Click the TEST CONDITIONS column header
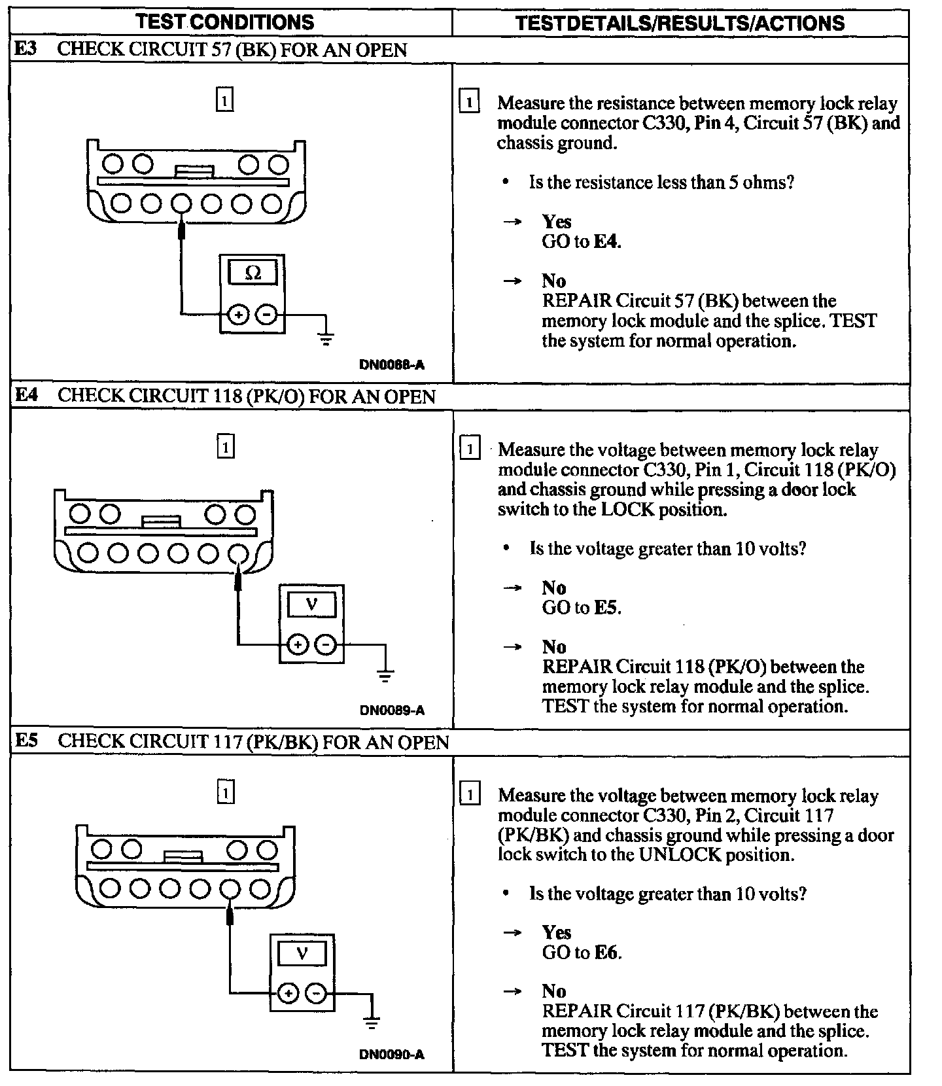(x=225, y=22)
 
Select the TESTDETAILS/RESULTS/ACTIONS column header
(x=680, y=23)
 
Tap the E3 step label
(x=26, y=50)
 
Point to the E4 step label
(x=27, y=395)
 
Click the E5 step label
(x=27, y=741)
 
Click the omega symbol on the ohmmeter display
(x=253, y=273)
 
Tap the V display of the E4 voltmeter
(x=311, y=604)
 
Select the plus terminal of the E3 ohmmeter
(x=238, y=315)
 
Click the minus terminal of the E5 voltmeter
(x=316, y=993)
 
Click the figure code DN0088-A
(x=392, y=365)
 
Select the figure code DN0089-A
(x=392, y=710)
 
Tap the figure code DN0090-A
(x=392, y=1055)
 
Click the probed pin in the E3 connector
(x=181, y=204)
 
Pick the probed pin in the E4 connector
(x=238, y=553)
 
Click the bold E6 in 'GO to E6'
(x=606, y=953)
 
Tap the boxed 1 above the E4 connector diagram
(x=225, y=447)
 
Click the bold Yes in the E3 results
(x=557, y=222)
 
